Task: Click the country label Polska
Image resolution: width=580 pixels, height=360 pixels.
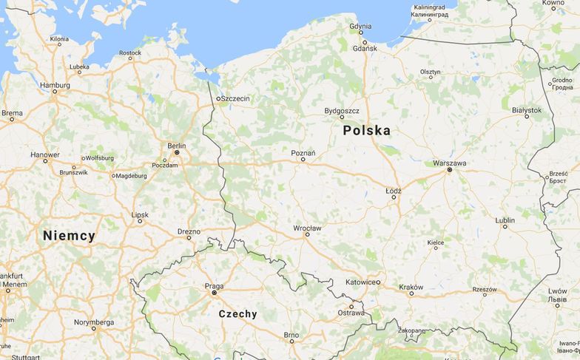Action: pos(366,131)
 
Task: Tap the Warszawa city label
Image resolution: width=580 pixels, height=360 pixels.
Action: pos(449,163)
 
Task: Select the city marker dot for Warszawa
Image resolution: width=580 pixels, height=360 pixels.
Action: pos(449,170)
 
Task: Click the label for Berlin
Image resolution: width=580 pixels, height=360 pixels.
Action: pos(177,146)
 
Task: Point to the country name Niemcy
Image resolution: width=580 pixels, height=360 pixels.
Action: pos(69,237)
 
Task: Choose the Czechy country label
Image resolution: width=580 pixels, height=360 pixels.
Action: pos(238,314)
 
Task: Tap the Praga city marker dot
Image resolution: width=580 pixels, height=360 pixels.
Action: pos(214,293)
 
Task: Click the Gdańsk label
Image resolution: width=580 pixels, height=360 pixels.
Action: pos(365,48)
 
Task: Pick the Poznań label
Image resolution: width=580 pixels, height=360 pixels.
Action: pos(303,153)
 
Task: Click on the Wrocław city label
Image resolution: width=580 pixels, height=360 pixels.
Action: pos(307,228)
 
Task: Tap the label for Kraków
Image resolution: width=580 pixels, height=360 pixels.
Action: pos(411,287)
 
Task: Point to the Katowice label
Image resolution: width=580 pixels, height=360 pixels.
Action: pos(361,282)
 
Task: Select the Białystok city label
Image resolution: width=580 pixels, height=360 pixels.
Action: pos(527,110)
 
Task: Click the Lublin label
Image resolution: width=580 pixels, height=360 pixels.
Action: pos(505,220)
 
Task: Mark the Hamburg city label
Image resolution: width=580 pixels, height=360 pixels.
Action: pos(55,85)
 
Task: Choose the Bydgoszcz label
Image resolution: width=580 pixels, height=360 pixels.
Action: pos(342,111)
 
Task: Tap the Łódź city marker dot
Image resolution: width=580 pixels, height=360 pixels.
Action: pos(393,197)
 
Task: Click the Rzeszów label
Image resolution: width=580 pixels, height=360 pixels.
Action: pos(485,289)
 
